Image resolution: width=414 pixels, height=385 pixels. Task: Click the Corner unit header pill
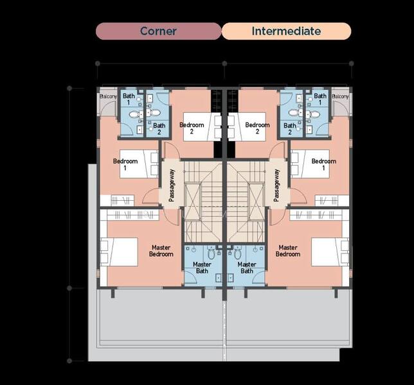click(x=158, y=31)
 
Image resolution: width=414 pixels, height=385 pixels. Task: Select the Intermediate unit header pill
click(x=287, y=31)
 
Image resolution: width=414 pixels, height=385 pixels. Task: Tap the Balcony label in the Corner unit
click(x=108, y=96)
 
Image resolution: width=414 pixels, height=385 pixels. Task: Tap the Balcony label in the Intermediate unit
click(x=340, y=96)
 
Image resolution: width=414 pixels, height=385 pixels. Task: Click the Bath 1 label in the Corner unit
click(x=129, y=99)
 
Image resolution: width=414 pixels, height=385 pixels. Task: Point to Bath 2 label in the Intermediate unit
click(x=290, y=128)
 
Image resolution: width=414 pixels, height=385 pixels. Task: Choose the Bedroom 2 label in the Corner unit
click(x=192, y=128)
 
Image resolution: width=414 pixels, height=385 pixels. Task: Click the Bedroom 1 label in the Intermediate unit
click(x=324, y=164)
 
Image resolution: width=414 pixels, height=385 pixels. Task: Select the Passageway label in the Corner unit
click(x=172, y=185)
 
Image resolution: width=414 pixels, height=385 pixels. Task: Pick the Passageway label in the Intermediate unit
click(x=276, y=185)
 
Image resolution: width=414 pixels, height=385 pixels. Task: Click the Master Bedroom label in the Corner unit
click(x=161, y=251)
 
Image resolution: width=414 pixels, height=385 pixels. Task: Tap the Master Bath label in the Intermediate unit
click(x=247, y=268)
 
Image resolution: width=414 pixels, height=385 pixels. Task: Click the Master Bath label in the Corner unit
click(x=202, y=268)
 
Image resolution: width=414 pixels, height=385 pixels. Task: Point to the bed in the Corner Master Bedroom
click(x=119, y=252)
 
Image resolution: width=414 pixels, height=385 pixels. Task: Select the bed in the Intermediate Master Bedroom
click(x=330, y=252)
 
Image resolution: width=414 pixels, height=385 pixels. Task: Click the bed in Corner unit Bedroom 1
click(x=139, y=164)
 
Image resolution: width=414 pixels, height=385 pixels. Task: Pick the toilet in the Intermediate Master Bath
click(x=238, y=253)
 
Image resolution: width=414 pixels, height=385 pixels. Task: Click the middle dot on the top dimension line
click(x=224, y=64)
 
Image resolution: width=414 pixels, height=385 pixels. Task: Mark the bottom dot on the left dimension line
click(x=69, y=361)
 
